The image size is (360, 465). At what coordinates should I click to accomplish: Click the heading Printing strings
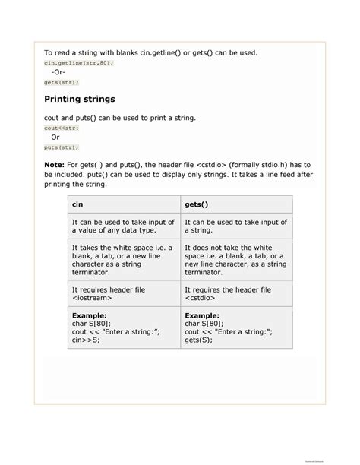80,100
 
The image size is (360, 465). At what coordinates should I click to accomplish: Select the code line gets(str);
62,81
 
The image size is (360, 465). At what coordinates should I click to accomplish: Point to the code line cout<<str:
62,128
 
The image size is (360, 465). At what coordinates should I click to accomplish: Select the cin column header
77,204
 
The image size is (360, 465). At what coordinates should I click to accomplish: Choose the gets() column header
197,204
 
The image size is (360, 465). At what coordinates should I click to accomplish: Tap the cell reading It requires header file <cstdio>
228,294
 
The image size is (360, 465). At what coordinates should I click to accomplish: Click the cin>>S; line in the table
86,340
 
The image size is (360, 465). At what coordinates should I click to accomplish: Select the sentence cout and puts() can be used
120,119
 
